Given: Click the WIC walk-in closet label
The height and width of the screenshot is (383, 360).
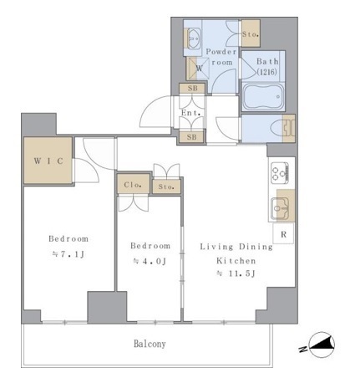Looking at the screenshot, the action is (x=48, y=161).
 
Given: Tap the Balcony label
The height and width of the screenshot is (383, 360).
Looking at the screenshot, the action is (x=150, y=344).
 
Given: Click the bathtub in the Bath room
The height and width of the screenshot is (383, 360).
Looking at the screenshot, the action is (x=263, y=97).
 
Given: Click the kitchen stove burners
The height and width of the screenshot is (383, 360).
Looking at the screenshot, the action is (x=280, y=173).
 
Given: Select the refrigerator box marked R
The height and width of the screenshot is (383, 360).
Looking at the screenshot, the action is (x=283, y=234).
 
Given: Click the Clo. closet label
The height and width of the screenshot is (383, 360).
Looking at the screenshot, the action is (x=133, y=185).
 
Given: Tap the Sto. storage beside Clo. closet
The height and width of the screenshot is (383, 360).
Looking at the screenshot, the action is (x=166, y=186).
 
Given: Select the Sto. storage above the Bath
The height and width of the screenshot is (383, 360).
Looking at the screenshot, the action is (x=251, y=33).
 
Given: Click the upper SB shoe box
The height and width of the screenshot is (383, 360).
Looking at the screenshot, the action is (x=192, y=89).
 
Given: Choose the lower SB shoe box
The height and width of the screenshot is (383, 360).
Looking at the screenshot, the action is (x=191, y=137).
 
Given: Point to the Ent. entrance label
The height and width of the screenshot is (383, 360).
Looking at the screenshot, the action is (x=191, y=113).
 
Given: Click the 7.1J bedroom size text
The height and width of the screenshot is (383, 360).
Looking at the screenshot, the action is (x=68, y=254).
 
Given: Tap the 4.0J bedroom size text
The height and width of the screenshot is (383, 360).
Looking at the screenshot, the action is (x=150, y=262).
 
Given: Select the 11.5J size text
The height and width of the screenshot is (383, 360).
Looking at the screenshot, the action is (x=236, y=273).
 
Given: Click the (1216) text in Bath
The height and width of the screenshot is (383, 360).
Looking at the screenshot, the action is (x=267, y=72).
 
